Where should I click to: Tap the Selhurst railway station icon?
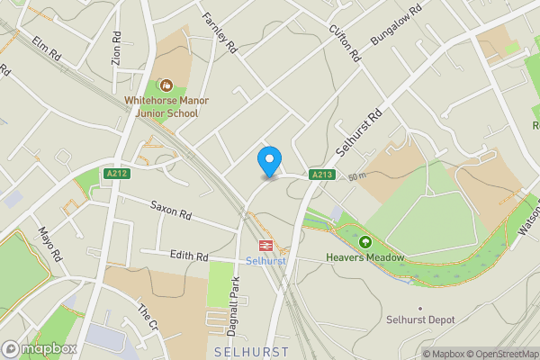[266, 245]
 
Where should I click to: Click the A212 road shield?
[115, 174]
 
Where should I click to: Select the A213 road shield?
[323, 174]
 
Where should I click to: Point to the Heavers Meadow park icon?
[365, 242]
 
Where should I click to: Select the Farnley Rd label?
[218, 32]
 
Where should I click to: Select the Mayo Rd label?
[49, 244]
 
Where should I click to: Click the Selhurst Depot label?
[420, 319]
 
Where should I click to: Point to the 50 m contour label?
[357, 175]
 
